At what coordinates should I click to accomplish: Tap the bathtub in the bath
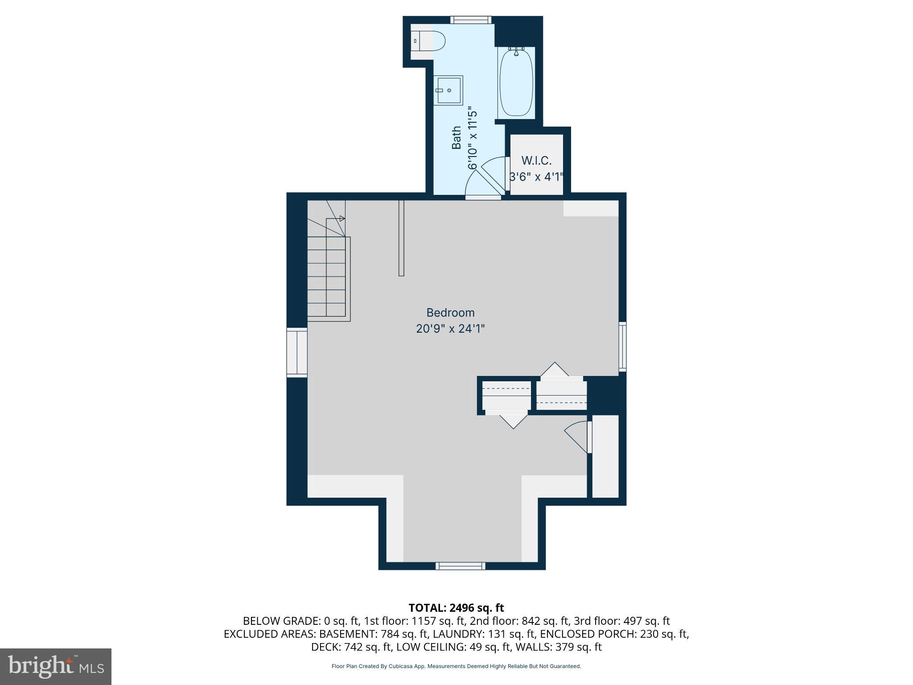tap(516, 83)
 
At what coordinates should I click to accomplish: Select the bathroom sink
tap(449, 90)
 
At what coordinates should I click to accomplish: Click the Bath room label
tap(456, 138)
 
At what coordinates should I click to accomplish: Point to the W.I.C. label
tap(536, 161)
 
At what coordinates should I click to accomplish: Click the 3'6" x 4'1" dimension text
tap(536, 177)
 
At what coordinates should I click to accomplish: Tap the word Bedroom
tap(450, 313)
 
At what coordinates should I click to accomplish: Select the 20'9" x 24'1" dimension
tap(450, 329)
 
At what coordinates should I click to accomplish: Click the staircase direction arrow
tap(341, 219)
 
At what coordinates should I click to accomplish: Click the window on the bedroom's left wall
tap(297, 352)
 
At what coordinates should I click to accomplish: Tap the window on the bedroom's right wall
tap(622, 347)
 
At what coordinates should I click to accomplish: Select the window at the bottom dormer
tap(461, 566)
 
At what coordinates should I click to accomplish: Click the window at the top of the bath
tap(470, 20)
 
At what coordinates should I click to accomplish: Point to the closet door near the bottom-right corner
tap(577, 437)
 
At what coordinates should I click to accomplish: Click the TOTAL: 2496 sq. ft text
tap(456, 608)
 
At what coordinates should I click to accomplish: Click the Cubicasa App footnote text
tap(456, 666)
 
